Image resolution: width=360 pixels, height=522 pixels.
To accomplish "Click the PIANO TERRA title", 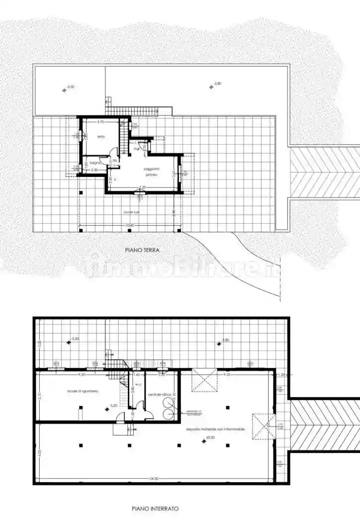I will point(142,251).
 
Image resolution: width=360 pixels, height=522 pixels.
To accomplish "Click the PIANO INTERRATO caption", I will point(155,509).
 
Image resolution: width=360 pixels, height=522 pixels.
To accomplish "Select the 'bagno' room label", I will point(95,163).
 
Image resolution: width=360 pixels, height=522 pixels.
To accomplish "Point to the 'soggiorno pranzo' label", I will point(151,172).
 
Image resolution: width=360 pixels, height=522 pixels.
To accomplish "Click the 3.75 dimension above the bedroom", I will point(100,122).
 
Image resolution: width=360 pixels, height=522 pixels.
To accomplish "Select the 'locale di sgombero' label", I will point(83,391).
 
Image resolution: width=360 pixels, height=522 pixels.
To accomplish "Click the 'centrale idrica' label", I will point(160,394).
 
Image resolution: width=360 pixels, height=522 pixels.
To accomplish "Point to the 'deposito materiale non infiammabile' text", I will point(215,429).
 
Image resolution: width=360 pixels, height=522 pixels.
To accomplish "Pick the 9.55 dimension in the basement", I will point(227,374).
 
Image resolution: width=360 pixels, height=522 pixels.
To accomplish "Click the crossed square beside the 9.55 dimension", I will point(205,380).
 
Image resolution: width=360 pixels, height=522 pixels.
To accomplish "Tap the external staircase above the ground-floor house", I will point(139,111).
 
